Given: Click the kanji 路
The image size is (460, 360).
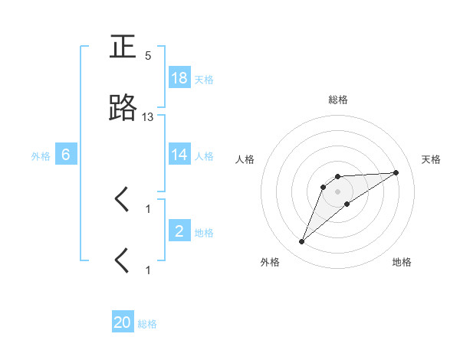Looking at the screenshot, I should (123, 109).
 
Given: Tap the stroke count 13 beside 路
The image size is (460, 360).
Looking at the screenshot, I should (148, 116).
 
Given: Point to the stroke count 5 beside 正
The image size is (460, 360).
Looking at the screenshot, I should (148, 56).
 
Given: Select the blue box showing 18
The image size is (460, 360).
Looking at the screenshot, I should (179, 78).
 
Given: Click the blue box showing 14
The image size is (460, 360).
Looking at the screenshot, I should (179, 155).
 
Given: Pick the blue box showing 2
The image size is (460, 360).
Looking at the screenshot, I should (179, 231).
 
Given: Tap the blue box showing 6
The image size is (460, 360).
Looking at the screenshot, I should (66, 155).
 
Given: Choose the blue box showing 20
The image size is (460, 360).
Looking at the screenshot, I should (123, 323).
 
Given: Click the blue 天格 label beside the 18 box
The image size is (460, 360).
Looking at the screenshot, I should (203, 79).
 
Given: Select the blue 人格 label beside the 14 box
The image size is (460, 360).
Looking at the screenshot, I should (203, 155).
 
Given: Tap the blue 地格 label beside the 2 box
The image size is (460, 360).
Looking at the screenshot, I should (203, 232).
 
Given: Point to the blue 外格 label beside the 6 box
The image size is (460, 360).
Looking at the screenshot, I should (41, 155).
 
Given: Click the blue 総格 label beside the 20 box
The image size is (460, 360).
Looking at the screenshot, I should (147, 324).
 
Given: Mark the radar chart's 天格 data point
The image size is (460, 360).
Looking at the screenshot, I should (396, 172).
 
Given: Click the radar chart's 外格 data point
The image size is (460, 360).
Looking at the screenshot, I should (301, 242).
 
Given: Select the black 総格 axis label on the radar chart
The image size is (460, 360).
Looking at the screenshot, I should (338, 100).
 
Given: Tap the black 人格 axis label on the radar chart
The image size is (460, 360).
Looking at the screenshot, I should (245, 159).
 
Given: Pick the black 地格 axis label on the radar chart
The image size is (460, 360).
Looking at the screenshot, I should (402, 262).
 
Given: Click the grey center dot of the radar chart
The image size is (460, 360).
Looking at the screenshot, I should (338, 191).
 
